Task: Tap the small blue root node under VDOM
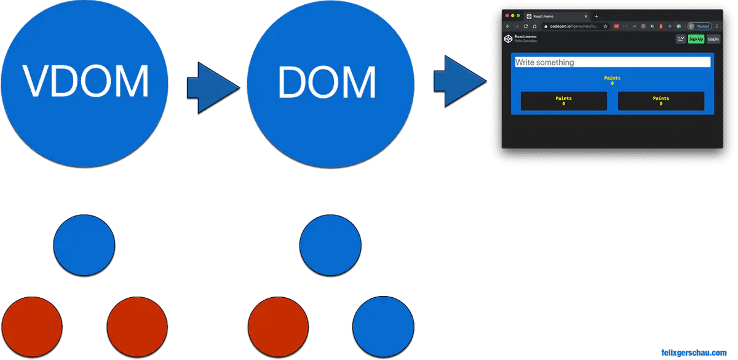84,245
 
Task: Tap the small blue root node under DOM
330,245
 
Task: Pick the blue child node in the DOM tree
383,327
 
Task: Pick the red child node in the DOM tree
278,327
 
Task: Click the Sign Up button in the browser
696,39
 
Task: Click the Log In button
713,39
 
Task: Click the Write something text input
612,62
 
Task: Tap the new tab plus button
597,16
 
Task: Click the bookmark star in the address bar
606,26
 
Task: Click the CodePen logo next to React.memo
508,39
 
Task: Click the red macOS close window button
506,15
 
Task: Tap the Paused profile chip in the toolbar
700,26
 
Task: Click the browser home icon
534,26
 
